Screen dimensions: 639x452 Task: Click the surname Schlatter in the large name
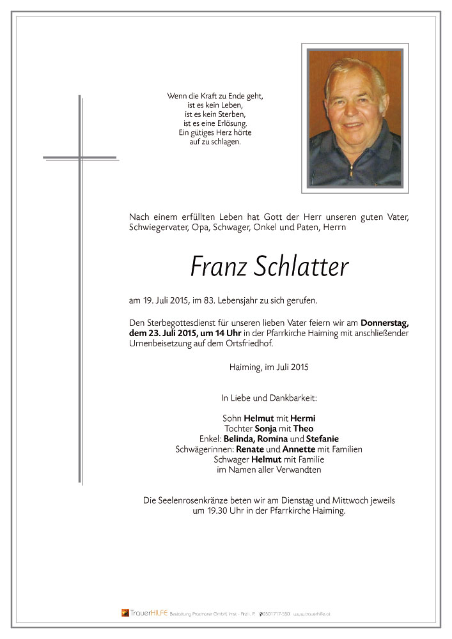click(x=301, y=267)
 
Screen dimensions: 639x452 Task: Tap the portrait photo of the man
click(x=355, y=118)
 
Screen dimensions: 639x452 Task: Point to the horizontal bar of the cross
click(x=80, y=157)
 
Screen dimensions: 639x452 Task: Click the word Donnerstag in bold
click(x=384, y=323)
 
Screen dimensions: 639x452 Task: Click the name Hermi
click(x=303, y=419)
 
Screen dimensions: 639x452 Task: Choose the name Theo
click(x=304, y=429)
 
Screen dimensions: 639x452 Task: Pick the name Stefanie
click(x=322, y=439)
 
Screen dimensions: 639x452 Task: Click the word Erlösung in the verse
click(x=229, y=123)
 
